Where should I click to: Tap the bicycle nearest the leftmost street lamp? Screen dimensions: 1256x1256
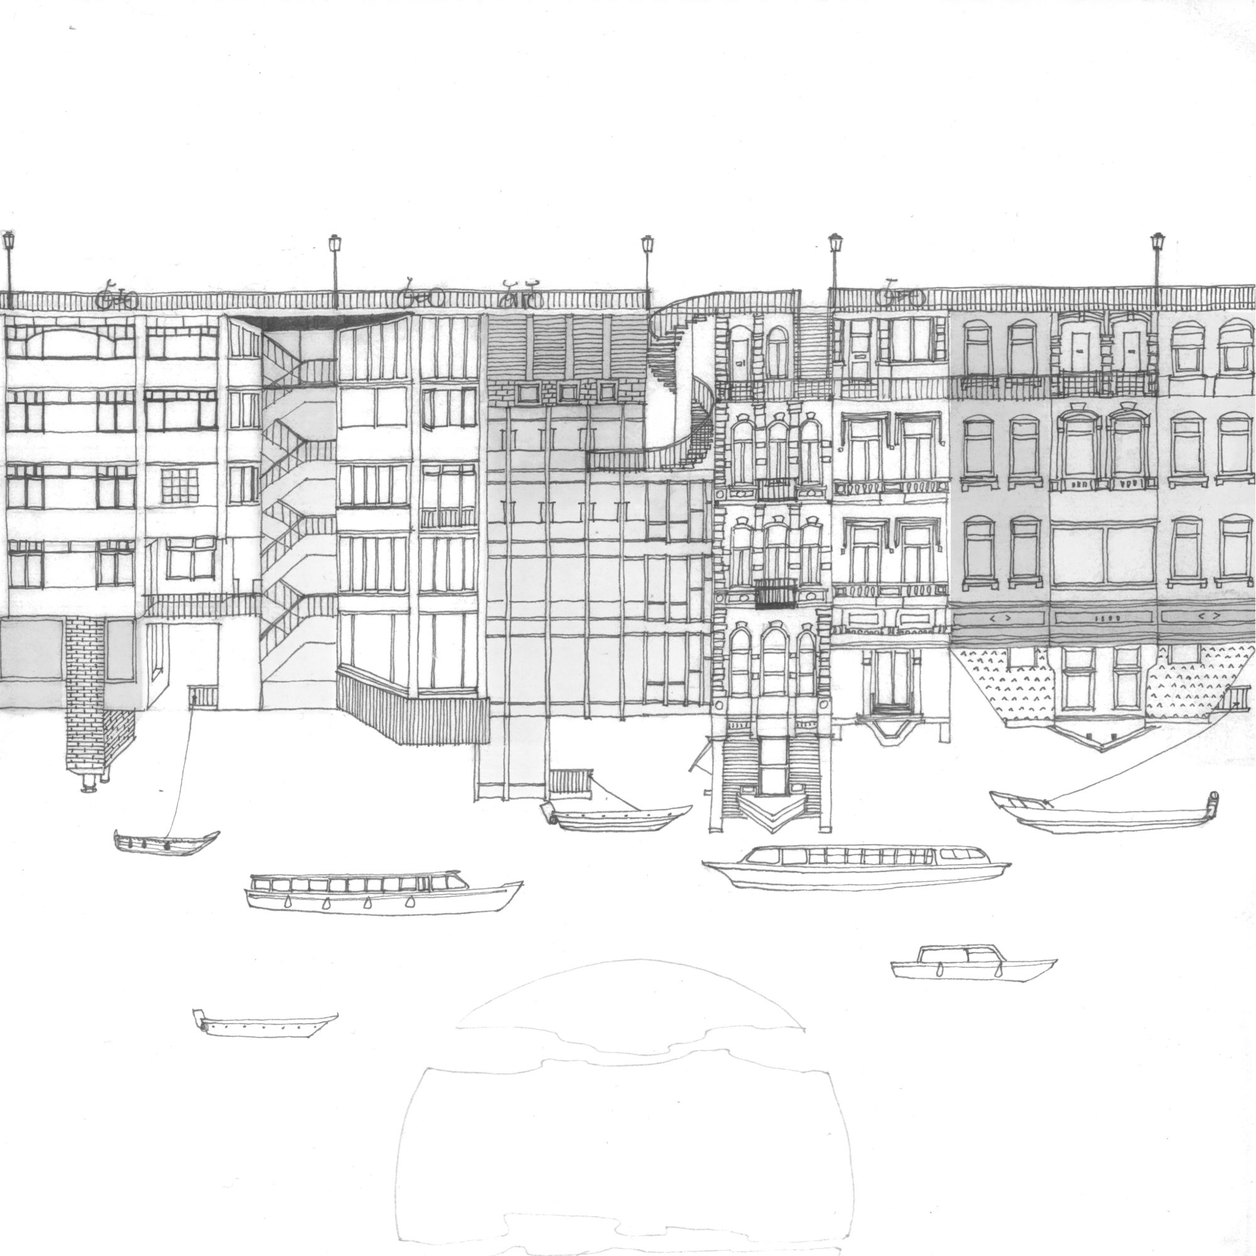click(x=117, y=297)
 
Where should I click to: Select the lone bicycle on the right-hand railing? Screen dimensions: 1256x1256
click(x=900, y=295)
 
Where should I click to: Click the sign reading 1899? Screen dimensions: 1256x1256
click(x=1105, y=619)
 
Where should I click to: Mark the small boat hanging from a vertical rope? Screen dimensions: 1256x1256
click(x=166, y=842)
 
